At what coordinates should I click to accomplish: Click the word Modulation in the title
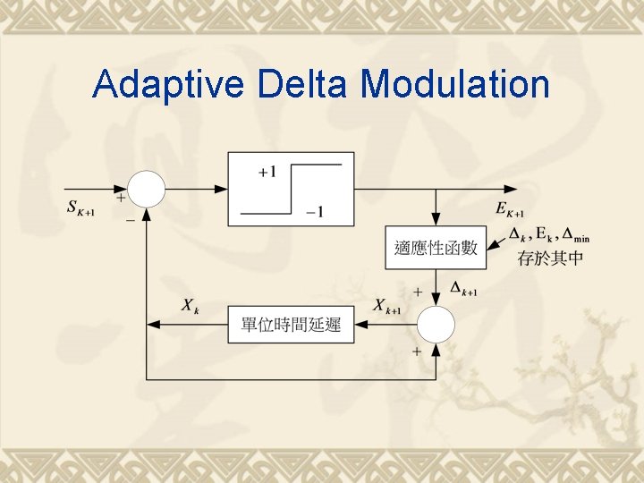coord(454,84)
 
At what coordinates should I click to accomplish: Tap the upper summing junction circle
coord(147,189)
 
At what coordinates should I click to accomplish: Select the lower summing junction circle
coord(436,324)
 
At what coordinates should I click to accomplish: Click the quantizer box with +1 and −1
coord(291,189)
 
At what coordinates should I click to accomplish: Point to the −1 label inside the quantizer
coord(313,212)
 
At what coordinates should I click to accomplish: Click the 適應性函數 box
coord(436,248)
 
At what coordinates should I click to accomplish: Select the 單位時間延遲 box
coord(291,324)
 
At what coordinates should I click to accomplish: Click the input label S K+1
coord(81,208)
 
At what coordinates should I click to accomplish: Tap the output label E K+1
coord(510,209)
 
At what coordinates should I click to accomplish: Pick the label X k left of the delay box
coord(190,307)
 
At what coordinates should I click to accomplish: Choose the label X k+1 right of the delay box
coord(386,307)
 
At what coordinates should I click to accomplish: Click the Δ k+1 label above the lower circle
coord(463,290)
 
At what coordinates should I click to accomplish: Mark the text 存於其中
coord(549,259)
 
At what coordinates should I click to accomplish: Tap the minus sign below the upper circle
coord(131,218)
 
